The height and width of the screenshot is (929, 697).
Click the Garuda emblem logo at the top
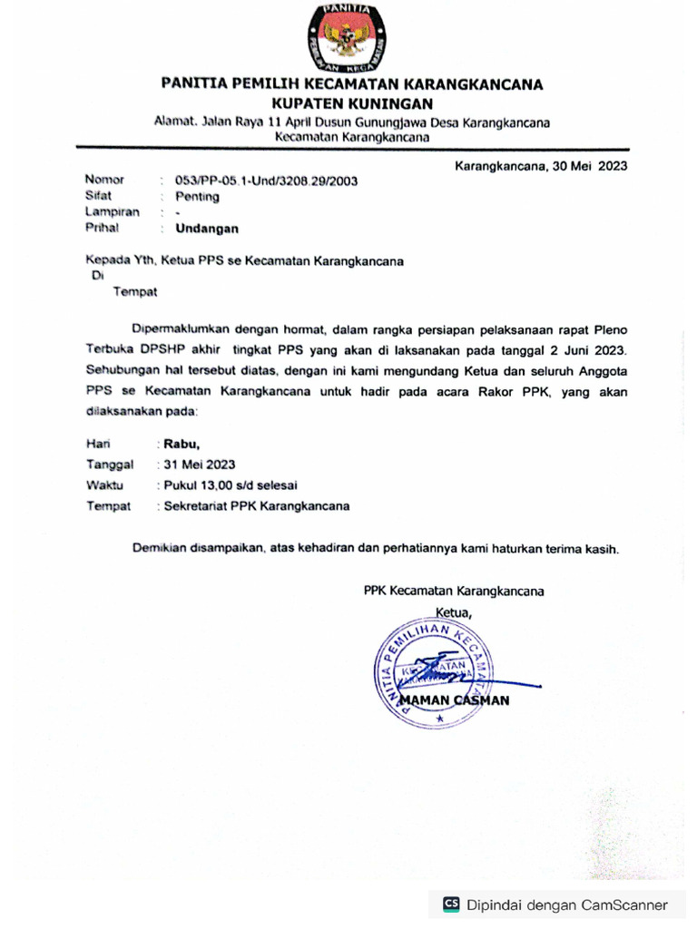pyautogui.click(x=350, y=39)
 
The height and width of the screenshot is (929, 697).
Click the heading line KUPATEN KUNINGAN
pyautogui.click(x=351, y=103)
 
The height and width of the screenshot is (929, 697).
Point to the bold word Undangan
pyautogui.click(x=207, y=229)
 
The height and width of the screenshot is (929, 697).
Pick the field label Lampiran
pyautogui.click(x=112, y=212)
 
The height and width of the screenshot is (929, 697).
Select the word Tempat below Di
pyautogui.click(x=135, y=291)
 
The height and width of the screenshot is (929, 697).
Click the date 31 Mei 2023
pyautogui.click(x=199, y=464)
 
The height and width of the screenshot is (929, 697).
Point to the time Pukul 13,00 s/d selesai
pyautogui.click(x=231, y=485)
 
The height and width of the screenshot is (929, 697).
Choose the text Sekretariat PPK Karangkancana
pyautogui.click(x=256, y=506)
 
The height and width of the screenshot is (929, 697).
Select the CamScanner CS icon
pyautogui.click(x=451, y=904)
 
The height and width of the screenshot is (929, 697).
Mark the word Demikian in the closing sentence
pyautogui.click(x=159, y=549)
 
